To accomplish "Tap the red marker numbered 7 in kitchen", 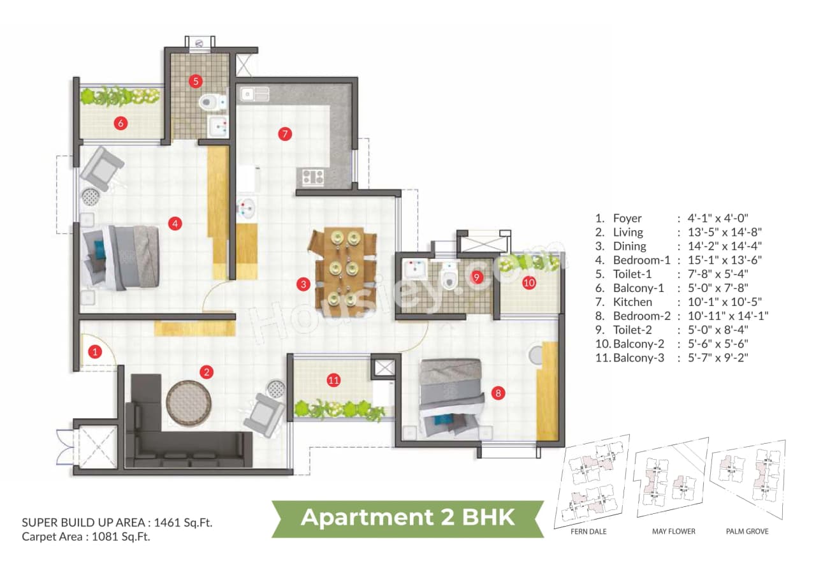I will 285,134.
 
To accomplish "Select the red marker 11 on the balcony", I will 333,381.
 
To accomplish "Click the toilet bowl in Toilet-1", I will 211,101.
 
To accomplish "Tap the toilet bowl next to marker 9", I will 449,278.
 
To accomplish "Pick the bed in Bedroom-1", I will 121,256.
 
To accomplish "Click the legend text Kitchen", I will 632,302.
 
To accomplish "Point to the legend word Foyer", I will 627,218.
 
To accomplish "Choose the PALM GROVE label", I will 747,531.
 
